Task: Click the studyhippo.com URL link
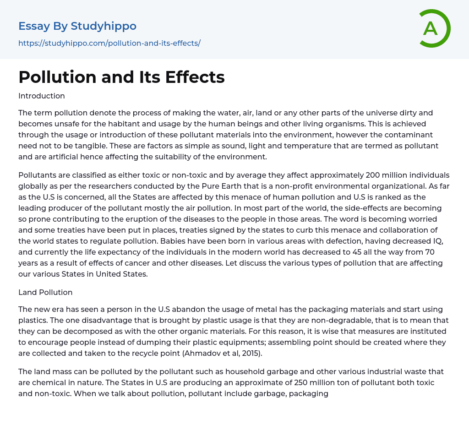109,43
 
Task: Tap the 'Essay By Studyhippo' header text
77,26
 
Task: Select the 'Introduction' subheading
42,96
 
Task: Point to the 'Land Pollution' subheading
45,292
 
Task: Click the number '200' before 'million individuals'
373,175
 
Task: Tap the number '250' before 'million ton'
269,382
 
